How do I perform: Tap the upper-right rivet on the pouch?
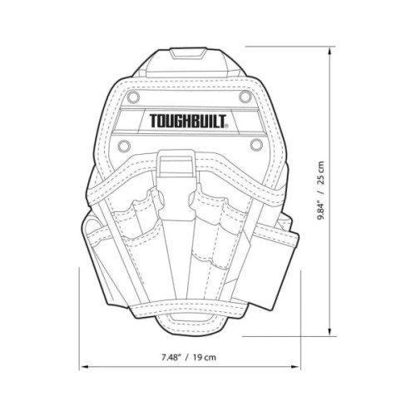click(x=245, y=97)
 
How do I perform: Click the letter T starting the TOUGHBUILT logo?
click(x=154, y=121)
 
